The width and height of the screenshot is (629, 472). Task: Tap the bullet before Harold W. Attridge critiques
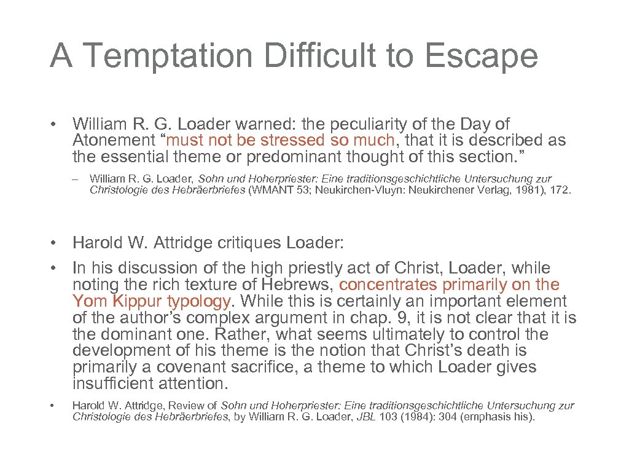(55, 243)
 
